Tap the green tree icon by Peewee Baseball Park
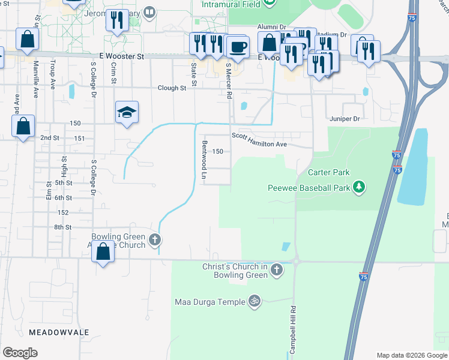[359, 188]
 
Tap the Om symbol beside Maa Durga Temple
[255, 301]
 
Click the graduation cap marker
[127, 112]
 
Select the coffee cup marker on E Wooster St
[239, 46]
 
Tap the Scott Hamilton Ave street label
[259, 144]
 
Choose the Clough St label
[172, 88]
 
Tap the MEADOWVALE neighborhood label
[59, 332]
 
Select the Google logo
[20, 352]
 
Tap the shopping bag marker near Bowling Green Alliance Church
[103, 252]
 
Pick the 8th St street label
[63, 227]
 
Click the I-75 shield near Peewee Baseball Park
[397, 170]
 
